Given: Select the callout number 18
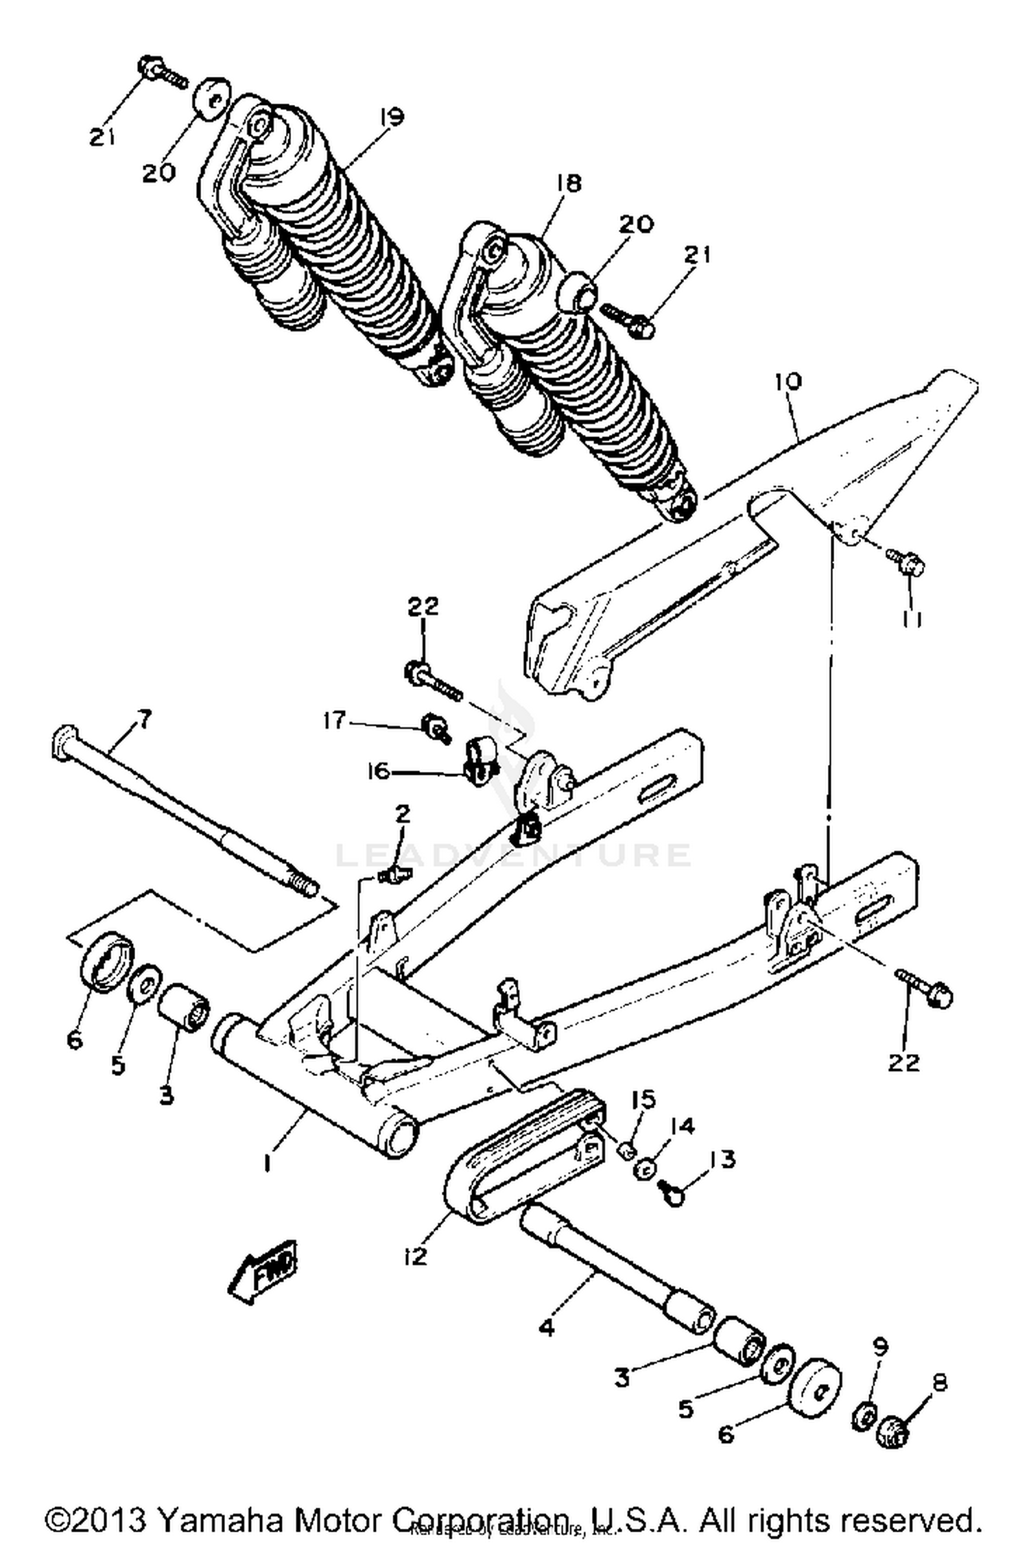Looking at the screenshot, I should [x=569, y=183].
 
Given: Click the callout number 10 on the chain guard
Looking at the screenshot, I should [x=788, y=382].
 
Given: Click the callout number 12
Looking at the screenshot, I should [x=416, y=1255].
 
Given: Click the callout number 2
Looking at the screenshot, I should [x=402, y=814].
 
